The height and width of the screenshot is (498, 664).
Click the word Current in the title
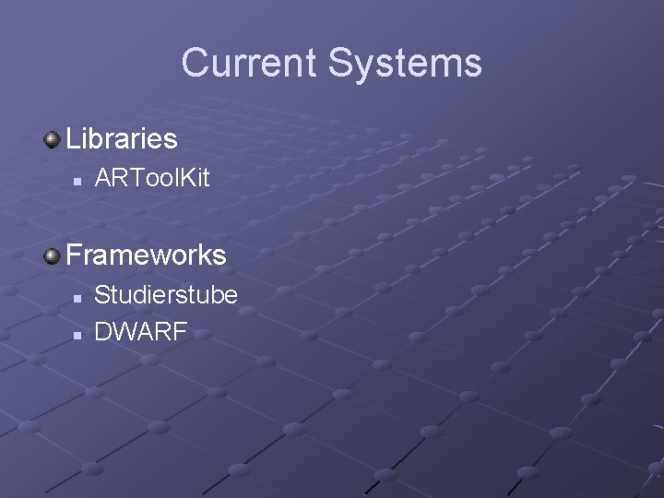[248, 63]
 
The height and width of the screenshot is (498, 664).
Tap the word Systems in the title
[405, 63]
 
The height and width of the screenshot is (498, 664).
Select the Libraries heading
[122, 139]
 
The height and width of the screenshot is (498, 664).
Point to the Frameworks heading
[146, 254]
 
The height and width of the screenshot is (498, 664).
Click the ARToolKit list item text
[152, 178]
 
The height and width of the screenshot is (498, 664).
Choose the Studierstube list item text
[166, 294]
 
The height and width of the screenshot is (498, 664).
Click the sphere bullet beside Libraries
[52, 139]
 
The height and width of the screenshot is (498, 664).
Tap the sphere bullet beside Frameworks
[52, 254]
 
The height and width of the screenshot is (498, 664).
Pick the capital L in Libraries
[73, 139]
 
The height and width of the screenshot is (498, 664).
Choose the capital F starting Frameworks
[74, 254]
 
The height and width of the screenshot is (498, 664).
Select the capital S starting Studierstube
[102, 294]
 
